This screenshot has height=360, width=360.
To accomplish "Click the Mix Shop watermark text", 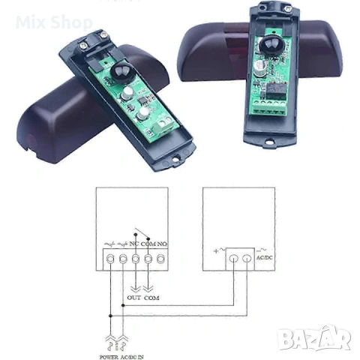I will click(52, 22).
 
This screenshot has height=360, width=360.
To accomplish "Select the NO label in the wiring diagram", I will click(162, 244).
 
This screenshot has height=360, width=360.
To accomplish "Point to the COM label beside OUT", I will click(151, 298).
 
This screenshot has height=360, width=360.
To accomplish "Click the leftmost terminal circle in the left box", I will click(109, 259).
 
